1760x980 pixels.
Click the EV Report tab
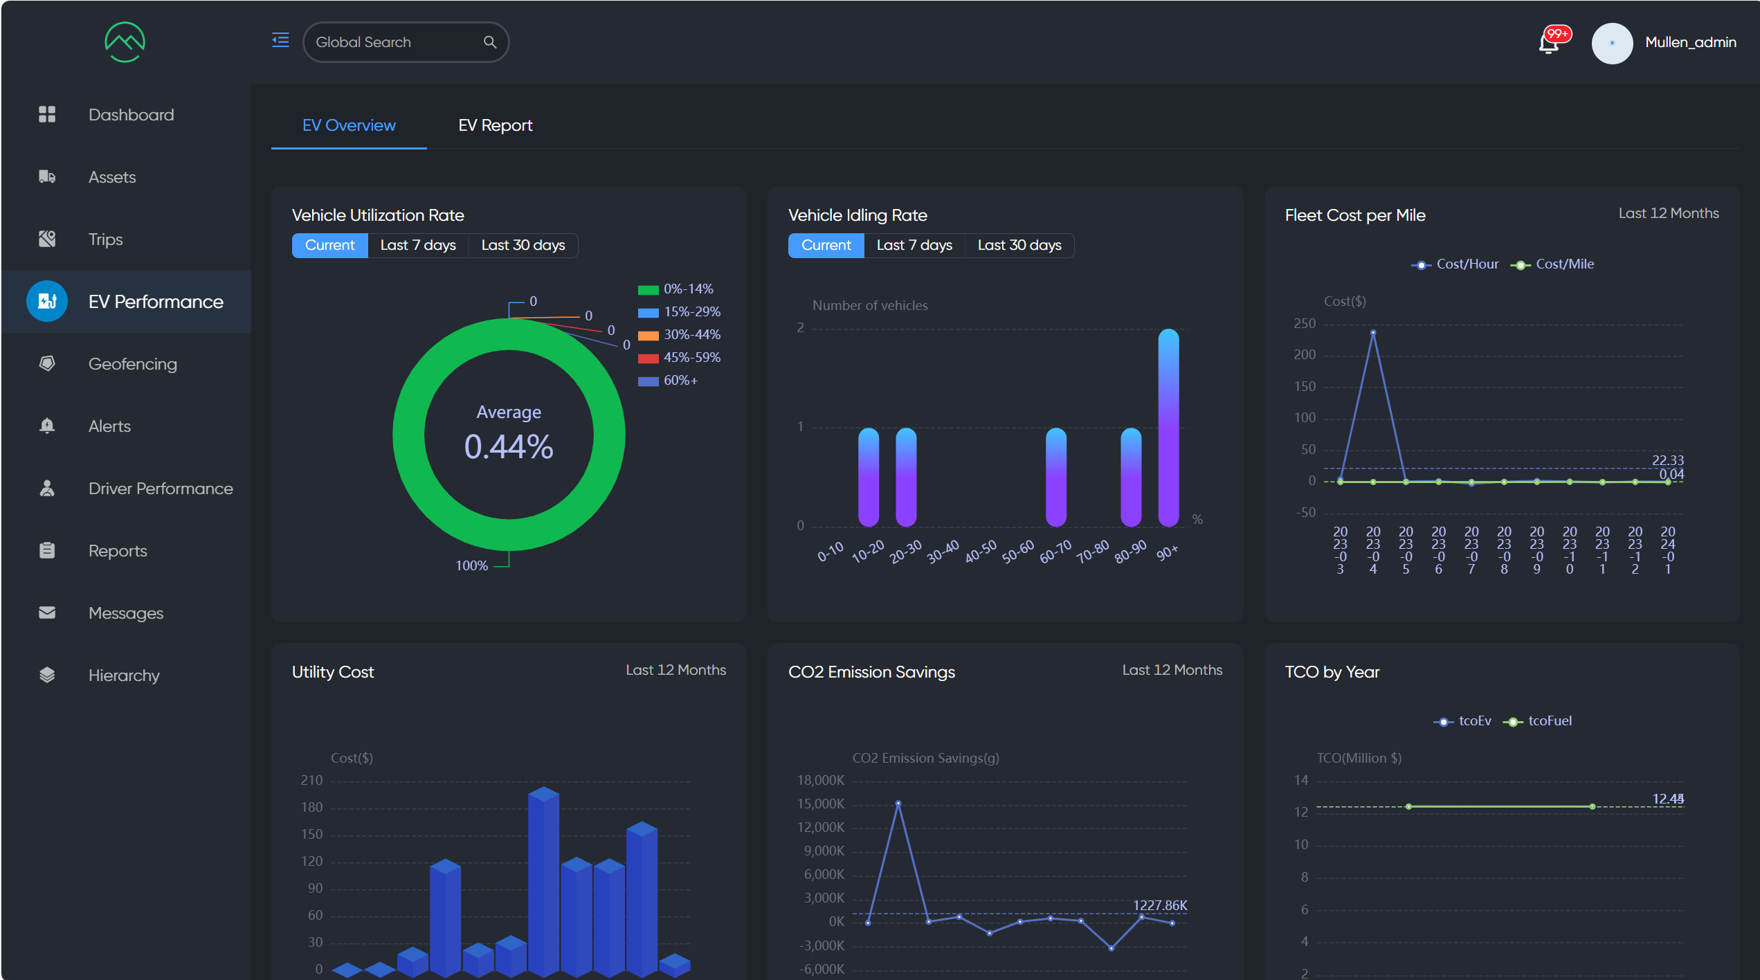click(495, 125)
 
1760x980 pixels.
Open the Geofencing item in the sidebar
click(132, 364)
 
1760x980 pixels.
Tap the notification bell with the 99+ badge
click(1549, 43)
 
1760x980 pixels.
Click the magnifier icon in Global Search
click(490, 42)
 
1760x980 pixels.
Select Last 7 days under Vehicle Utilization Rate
click(417, 246)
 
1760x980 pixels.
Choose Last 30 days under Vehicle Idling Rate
click(1019, 246)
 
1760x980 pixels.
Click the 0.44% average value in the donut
click(509, 446)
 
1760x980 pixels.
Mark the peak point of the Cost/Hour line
click(1373, 333)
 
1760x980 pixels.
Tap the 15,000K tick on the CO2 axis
click(821, 804)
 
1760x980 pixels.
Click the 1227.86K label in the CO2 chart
click(1159, 905)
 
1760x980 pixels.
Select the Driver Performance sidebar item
click(160, 489)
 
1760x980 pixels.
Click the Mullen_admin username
click(1690, 42)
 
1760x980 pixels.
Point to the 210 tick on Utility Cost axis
click(311, 781)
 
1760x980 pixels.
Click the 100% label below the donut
click(471, 565)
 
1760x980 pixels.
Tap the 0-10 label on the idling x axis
click(830, 552)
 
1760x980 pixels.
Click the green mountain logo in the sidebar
click(125, 42)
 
